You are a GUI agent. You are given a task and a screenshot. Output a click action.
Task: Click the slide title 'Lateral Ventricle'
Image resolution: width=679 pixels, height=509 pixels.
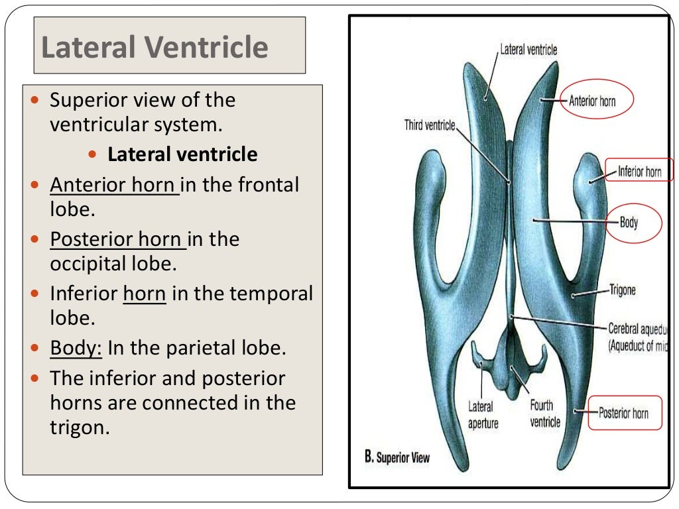(x=154, y=47)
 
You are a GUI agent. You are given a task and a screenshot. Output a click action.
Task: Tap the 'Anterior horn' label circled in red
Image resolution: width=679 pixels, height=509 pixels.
(x=592, y=101)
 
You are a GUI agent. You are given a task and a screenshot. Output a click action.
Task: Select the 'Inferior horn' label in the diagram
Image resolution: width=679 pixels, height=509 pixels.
(x=639, y=172)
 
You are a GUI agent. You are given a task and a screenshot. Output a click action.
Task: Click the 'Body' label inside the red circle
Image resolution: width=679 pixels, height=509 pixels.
(x=629, y=223)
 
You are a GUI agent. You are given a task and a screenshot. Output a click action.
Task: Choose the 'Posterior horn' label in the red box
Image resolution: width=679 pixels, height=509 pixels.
(x=623, y=414)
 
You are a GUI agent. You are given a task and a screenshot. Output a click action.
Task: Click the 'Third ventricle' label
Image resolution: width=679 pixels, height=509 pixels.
(x=430, y=125)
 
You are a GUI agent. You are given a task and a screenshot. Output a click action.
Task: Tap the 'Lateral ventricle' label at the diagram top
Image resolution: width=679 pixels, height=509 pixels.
(x=528, y=50)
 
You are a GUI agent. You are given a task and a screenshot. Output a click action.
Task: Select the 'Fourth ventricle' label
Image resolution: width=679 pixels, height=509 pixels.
(x=545, y=414)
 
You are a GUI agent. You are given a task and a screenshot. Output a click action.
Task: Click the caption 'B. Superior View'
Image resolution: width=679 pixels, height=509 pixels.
(x=398, y=457)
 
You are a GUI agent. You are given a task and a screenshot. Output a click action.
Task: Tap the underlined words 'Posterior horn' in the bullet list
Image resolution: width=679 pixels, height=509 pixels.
(x=118, y=239)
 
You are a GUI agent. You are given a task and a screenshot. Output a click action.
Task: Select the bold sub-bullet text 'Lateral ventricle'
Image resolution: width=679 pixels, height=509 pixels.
(x=182, y=154)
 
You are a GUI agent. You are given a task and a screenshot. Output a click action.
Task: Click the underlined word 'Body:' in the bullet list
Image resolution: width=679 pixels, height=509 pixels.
(x=76, y=348)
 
